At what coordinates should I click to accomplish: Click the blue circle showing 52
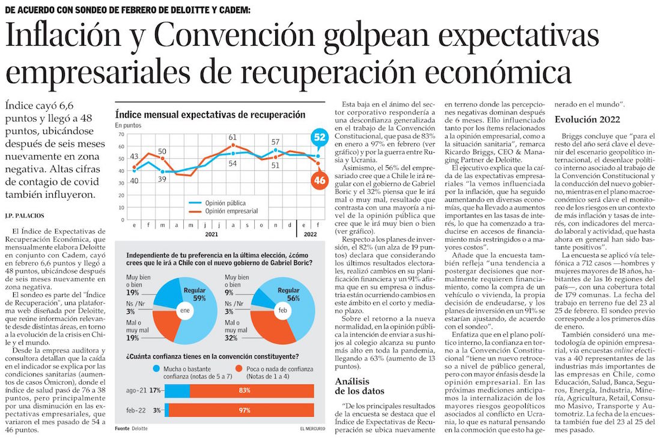(318, 138)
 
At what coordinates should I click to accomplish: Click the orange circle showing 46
(319, 179)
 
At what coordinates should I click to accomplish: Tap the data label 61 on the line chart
(232, 137)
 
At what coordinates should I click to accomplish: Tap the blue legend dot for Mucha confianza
(156, 368)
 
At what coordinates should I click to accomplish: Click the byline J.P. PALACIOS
(27, 215)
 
